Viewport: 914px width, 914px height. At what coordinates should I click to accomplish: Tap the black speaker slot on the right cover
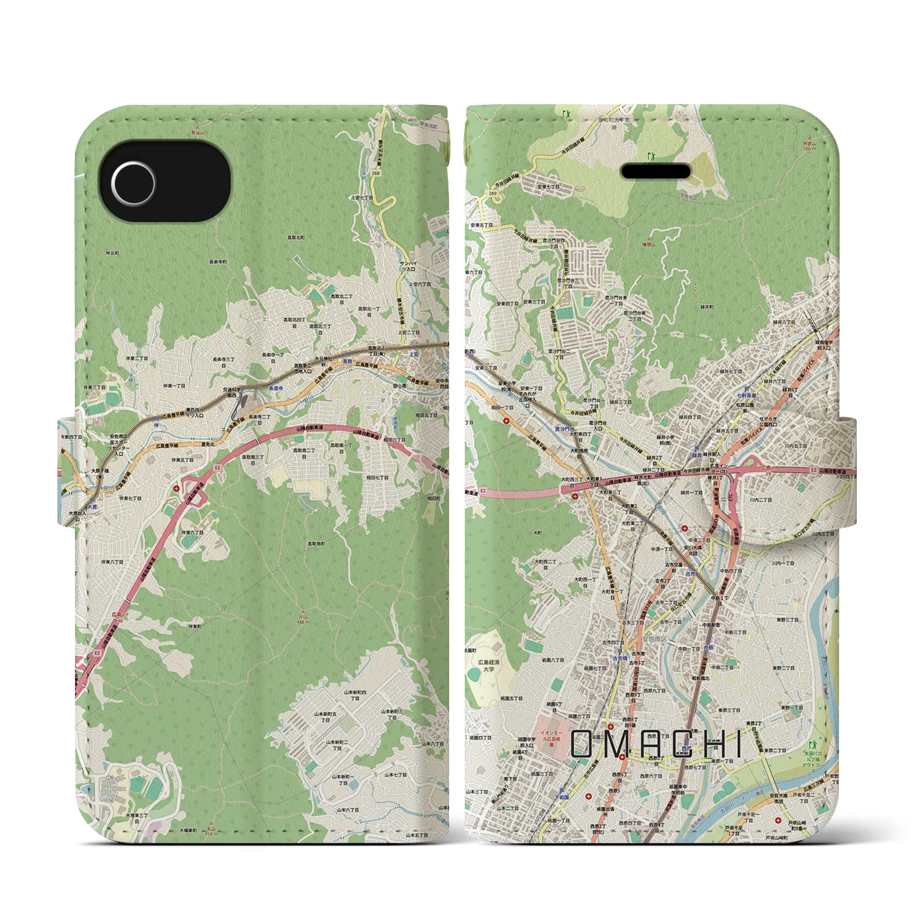click(656, 172)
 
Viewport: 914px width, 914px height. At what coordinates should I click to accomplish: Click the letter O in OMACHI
click(582, 745)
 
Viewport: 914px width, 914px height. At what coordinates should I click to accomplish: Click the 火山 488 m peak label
click(304, 617)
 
